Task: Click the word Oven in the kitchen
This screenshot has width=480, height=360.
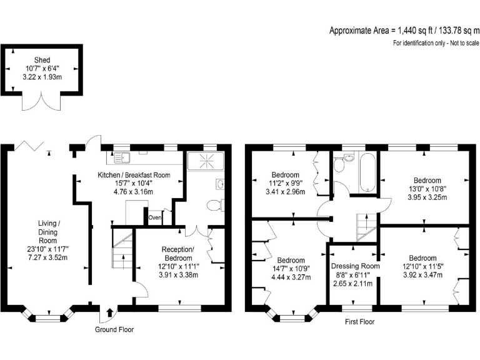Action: [x=155, y=217]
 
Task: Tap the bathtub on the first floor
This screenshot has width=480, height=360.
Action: [x=365, y=172]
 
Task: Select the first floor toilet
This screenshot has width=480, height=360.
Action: [x=339, y=164]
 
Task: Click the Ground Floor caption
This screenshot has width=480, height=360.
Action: [x=114, y=329]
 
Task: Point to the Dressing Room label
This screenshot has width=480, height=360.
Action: [x=354, y=266]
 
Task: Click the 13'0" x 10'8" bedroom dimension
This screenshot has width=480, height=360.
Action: [x=426, y=189]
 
